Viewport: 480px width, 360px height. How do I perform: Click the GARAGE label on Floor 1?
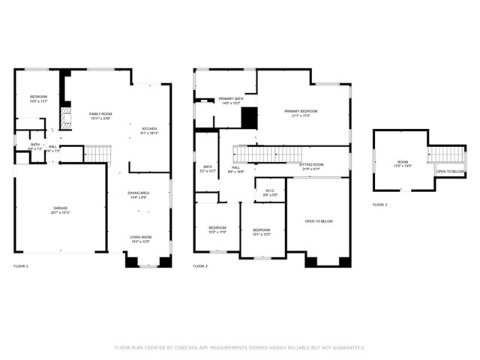pos(60,208)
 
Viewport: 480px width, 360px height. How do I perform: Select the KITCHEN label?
pos(150,128)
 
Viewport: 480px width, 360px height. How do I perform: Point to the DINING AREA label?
pos(139,193)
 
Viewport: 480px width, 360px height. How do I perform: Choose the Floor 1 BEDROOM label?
pos(38,97)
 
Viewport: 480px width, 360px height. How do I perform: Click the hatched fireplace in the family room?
pos(65,116)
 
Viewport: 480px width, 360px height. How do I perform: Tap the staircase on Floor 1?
pos(97,154)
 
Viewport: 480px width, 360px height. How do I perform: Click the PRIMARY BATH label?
pos(231,99)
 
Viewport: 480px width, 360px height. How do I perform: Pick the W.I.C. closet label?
pos(270,190)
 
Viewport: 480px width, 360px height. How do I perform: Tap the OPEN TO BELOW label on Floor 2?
pos(319,221)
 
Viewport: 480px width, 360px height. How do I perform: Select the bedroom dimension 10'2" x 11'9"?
pos(217,232)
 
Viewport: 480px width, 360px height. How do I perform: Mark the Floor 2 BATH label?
pos(207,166)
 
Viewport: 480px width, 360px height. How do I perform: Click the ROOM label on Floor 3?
pos(403,161)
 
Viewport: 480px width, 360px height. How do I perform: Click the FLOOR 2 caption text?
pos(200,266)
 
